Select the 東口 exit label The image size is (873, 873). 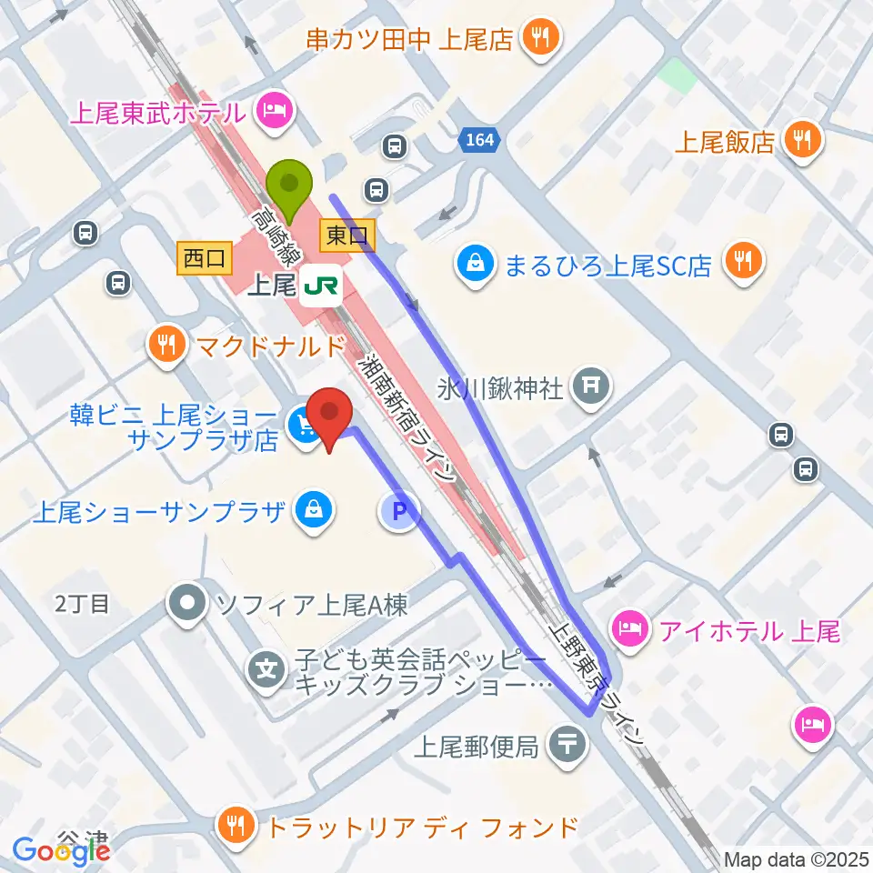(x=346, y=236)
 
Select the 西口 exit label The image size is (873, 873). (x=204, y=258)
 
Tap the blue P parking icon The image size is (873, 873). (x=398, y=512)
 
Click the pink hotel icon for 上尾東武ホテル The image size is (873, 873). (x=274, y=112)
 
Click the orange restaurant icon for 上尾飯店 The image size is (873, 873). (x=802, y=141)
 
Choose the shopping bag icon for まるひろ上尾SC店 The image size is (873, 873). (x=475, y=265)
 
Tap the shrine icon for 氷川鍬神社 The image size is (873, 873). (x=590, y=386)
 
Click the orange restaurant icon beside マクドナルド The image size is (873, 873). (x=166, y=344)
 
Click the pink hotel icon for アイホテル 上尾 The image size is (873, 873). (x=630, y=627)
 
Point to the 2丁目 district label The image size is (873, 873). (x=82, y=604)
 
